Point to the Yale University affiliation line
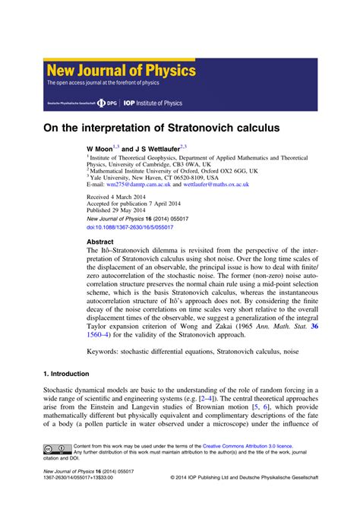tap(144, 177)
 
